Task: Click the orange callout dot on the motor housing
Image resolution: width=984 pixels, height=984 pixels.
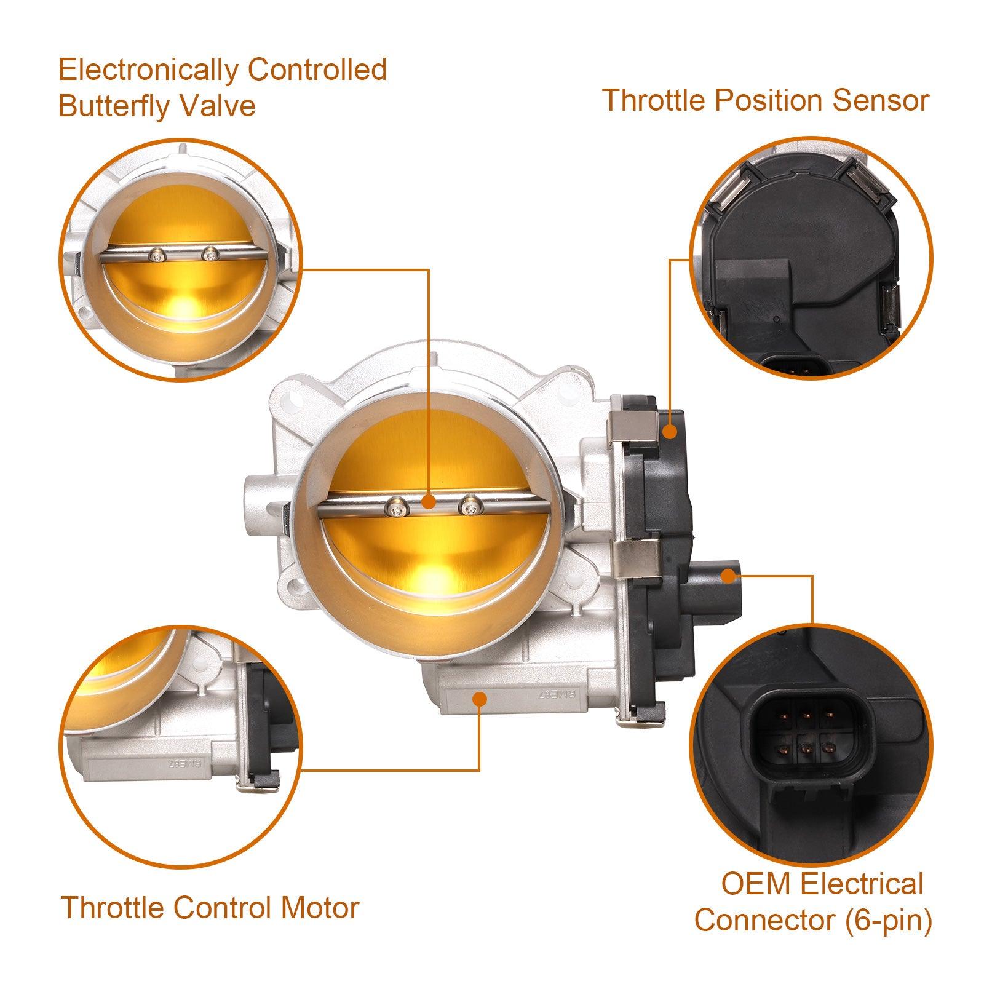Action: [x=479, y=698]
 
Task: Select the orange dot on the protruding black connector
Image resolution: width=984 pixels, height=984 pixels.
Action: [x=728, y=576]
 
